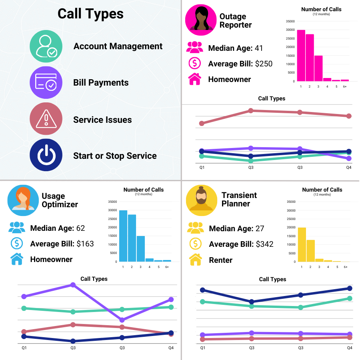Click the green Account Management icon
click(46, 46)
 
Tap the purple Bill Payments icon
click(46, 83)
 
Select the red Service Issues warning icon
click(46, 119)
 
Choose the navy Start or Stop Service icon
click(46, 155)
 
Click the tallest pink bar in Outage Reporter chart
click(301, 56)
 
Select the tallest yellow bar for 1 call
click(302, 244)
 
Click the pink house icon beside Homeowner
click(194, 79)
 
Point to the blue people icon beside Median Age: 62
click(17, 228)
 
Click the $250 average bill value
click(264, 64)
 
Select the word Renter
click(220, 260)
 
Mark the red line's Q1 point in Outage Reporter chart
click(202, 123)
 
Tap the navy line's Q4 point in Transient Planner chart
click(350, 288)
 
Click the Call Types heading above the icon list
click(90, 14)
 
